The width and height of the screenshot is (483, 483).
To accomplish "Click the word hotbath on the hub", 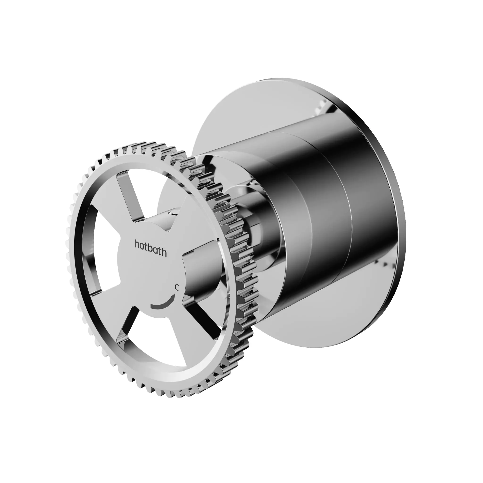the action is tap(151, 248).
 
